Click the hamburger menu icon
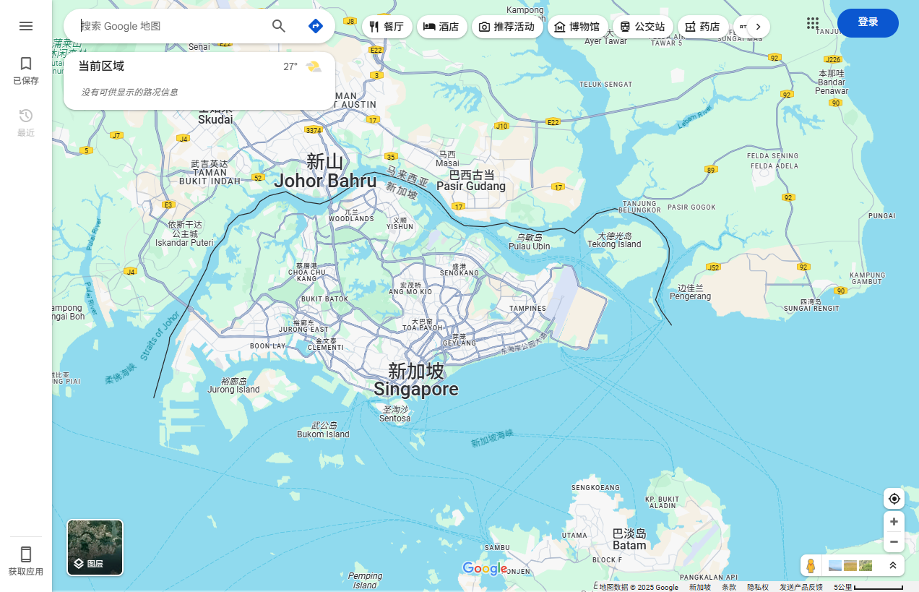(x=26, y=26)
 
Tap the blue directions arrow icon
(x=315, y=26)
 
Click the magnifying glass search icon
(x=279, y=26)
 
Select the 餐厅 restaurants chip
(x=387, y=27)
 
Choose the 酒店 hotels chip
(x=441, y=27)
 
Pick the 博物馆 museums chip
(x=577, y=27)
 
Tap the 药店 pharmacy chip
(x=702, y=27)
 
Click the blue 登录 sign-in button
(x=868, y=22)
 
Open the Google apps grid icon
(x=813, y=23)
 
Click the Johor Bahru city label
(x=325, y=181)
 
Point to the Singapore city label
(x=416, y=389)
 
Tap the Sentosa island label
(x=395, y=418)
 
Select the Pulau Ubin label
(x=530, y=246)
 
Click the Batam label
(x=629, y=544)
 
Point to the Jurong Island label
(x=233, y=389)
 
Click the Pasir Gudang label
(x=471, y=186)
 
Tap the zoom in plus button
(x=894, y=521)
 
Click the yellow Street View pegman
(x=811, y=565)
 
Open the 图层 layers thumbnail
(x=95, y=547)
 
